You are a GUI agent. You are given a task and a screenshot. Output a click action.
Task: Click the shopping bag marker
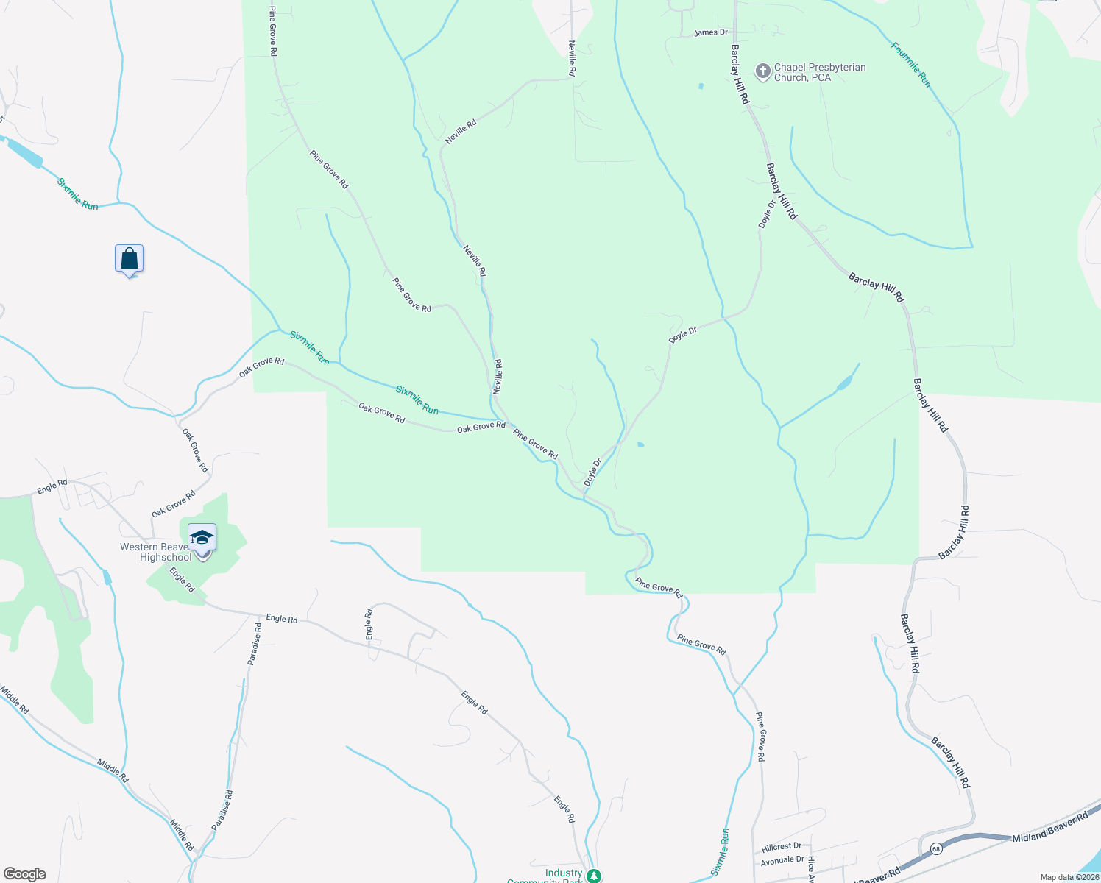click(129, 260)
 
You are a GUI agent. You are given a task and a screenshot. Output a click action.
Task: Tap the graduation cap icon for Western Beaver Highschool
click(202, 539)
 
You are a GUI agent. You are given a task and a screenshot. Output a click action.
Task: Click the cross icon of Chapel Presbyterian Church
click(763, 71)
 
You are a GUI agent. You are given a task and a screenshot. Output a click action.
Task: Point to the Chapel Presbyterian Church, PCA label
click(819, 72)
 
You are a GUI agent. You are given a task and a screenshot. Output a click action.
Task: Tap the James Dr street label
click(710, 33)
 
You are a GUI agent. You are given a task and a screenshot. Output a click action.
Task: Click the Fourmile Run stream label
click(910, 65)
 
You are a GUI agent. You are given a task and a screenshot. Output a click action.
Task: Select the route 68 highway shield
click(935, 848)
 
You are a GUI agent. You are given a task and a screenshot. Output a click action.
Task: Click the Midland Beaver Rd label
click(1049, 829)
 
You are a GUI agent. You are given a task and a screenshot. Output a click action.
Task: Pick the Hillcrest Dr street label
click(782, 847)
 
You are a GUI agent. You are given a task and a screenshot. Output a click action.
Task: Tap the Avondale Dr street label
click(782, 859)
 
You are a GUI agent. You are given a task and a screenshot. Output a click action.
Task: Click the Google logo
click(24, 874)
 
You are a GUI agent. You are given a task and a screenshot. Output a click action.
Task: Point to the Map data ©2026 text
click(1069, 877)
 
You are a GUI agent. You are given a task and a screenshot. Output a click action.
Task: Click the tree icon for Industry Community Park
click(594, 876)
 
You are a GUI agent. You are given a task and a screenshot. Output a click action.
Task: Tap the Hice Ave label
click(811, 869)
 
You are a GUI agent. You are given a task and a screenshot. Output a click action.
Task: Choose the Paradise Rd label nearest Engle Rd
click(255, 644)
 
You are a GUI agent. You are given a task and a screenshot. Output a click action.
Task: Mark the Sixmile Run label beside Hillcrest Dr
click(721, 852)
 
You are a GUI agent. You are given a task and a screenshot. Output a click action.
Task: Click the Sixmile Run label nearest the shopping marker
click(77, 194)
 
